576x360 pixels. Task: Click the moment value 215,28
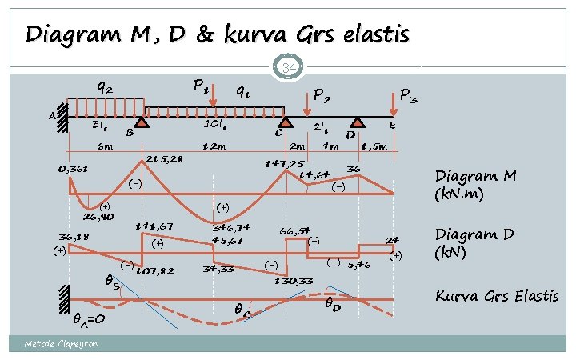[x=165, y=159]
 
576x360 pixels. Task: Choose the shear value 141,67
[x=154, y=227]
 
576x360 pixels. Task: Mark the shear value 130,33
[x=294, y=280]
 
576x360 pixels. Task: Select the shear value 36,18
[x=74, y=237]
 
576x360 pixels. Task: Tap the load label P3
[x=408, y=97]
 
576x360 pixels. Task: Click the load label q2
[x=104, y=87]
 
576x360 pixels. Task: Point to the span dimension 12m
[x=214, y=146]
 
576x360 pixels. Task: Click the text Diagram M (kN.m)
[x=468, y=183]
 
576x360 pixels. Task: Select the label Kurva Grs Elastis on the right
[x=496, y=296]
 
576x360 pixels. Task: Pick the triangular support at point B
[x=142, y=122]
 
